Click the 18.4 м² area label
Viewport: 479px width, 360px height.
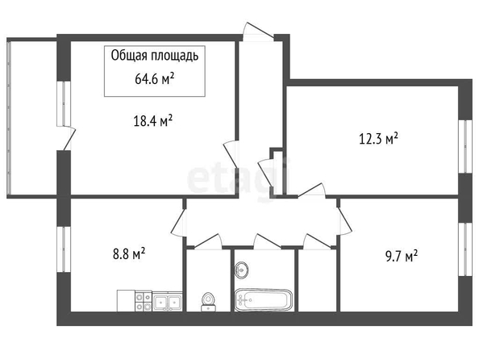click(x=153, y=121)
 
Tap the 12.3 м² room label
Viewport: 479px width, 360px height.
click(x=378, y=139)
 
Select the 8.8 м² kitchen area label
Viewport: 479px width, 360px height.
click(x=129, y=253)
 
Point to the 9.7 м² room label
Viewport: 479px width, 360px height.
click(x=402, y=256)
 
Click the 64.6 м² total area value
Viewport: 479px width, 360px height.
click(x=155, y=78)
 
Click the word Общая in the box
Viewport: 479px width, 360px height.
click(x=125, y=56)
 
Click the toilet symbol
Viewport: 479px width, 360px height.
click(x=209, y=302)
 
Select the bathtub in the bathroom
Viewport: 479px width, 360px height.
click(x=264, y=299)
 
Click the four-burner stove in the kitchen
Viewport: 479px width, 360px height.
click(x=144, y=301)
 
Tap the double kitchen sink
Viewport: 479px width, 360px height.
click(x=167, y=302)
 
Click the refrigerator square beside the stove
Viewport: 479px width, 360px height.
click(x=126, y=301)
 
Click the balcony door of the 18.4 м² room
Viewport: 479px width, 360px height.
click(x=66, y=138)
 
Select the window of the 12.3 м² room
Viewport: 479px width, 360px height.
click(x=465, y=147)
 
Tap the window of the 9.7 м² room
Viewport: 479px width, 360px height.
click(x=465, y=249)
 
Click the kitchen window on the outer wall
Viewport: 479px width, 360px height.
click(x=64, y=249)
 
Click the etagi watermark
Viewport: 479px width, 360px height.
click(x=238, y=179)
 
